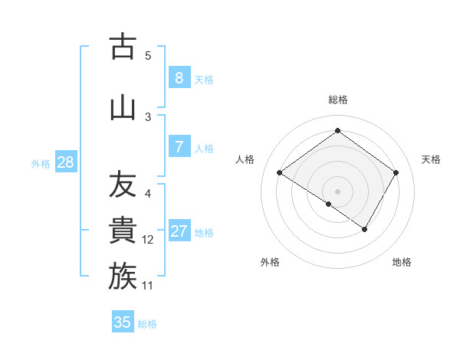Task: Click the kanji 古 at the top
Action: [123, 47]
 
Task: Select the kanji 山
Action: [123, 108]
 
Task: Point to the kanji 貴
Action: [123, 231]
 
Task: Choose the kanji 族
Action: [123, 277]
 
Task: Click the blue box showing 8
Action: [179, 77]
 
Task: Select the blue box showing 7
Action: [179, 147]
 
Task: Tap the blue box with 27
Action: [179, 231]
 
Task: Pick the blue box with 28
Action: [65, 162]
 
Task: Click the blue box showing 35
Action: [123, 322]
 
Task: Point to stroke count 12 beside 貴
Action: [148, 240]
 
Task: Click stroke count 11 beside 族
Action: [148, 286]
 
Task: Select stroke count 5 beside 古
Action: [148, 56]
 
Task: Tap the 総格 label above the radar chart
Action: [337, 100]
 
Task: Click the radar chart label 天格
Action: [431, 159]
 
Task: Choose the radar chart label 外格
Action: [270, 262]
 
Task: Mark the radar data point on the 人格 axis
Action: [280, 173]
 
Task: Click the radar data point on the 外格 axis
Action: [329, 204]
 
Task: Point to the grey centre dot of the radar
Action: [337, 191]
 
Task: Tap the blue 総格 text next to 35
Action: [147, 324]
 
